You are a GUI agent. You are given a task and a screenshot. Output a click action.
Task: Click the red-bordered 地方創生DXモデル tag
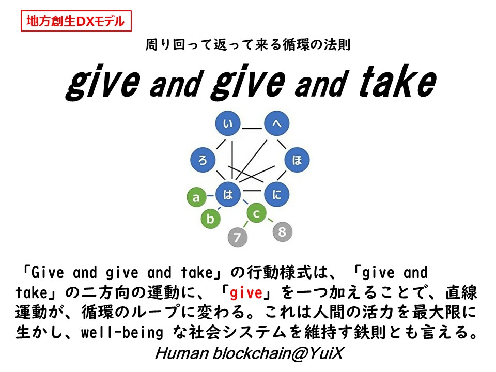pos(76,21)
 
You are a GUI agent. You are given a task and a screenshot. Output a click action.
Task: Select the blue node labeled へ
pos(276,124)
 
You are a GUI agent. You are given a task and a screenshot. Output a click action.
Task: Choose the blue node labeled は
pos(228,195)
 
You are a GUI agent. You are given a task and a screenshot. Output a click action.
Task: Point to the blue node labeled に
pos(276,195)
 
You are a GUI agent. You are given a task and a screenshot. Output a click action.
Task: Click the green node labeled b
pos(210,219)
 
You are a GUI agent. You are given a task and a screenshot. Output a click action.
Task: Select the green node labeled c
pos(257,212)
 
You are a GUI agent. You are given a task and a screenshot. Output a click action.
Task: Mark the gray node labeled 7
pos(238,238)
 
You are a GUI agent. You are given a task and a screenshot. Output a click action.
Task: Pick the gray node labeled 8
pos(282,232)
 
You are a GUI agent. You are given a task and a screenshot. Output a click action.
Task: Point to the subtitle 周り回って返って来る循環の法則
pos(248,45)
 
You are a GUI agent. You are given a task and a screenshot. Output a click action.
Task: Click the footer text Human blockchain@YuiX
pos(248,354)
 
